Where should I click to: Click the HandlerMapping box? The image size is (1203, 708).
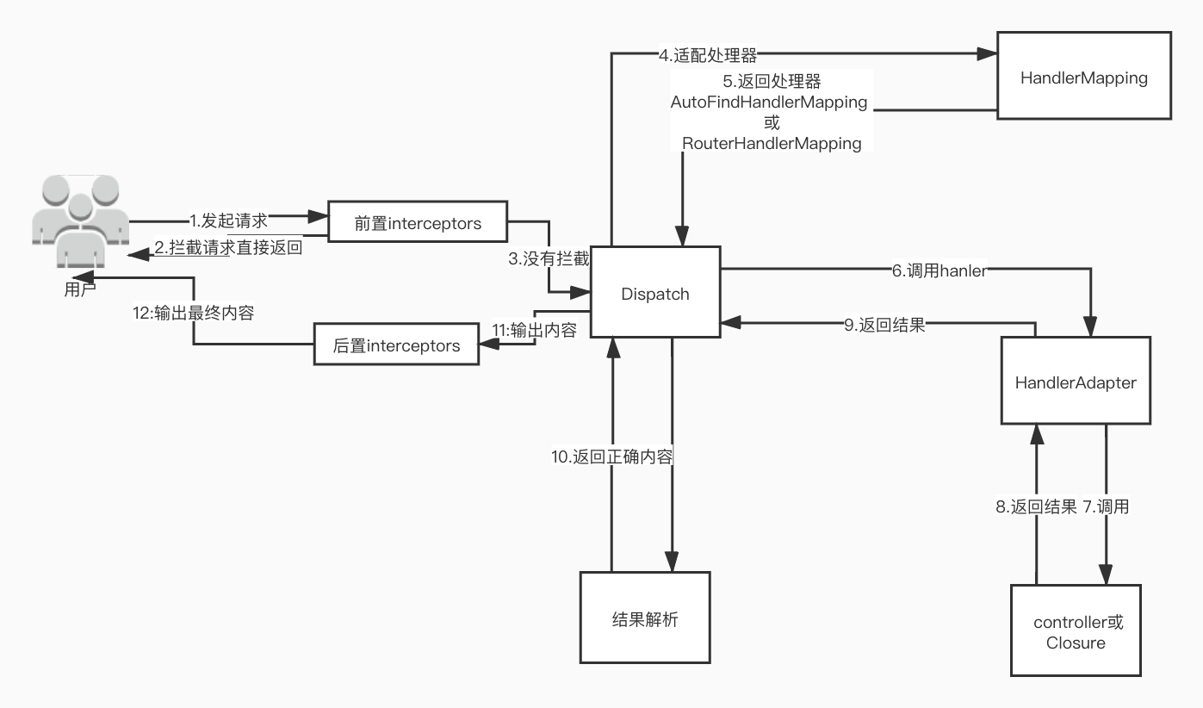[1083, 76]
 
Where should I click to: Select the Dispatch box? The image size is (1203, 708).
[654, 293]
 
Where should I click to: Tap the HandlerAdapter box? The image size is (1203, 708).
[1076, 381]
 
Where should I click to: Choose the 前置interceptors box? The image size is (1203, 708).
[418, 224]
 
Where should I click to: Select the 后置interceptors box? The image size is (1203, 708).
[396, 345]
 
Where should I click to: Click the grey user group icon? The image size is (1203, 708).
[79, 220]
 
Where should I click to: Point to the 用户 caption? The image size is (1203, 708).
[80, 289]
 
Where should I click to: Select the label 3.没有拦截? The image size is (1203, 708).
[549, 258]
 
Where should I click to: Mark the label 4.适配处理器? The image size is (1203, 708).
[708, 56]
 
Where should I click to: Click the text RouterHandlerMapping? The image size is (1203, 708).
[772, 143]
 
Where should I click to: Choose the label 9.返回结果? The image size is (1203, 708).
[884, 325]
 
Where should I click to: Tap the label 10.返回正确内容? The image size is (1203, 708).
[611, 456]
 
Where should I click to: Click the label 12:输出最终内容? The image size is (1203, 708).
[194, 313]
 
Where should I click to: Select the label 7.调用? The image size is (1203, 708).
[1106, 506]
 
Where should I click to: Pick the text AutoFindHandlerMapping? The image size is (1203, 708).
[769, 102]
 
